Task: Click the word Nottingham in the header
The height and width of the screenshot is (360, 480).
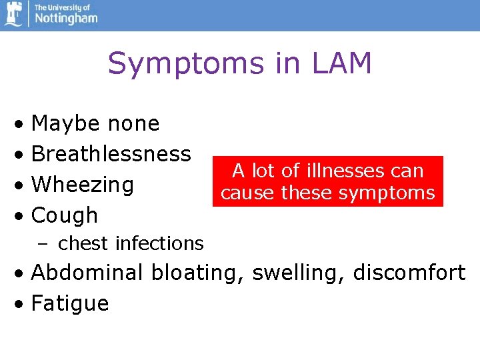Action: click(65, 17)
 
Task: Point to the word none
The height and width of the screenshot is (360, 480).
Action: click(133, 124)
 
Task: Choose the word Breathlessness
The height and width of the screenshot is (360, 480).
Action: click(111, 154)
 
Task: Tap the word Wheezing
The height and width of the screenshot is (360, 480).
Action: click(83, 185)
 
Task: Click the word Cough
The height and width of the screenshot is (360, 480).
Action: click(65, 215)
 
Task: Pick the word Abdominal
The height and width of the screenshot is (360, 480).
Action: click(87, 273)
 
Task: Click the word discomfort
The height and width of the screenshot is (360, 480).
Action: click(409, 273)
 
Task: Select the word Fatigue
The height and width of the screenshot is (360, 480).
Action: click(70, 304)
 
